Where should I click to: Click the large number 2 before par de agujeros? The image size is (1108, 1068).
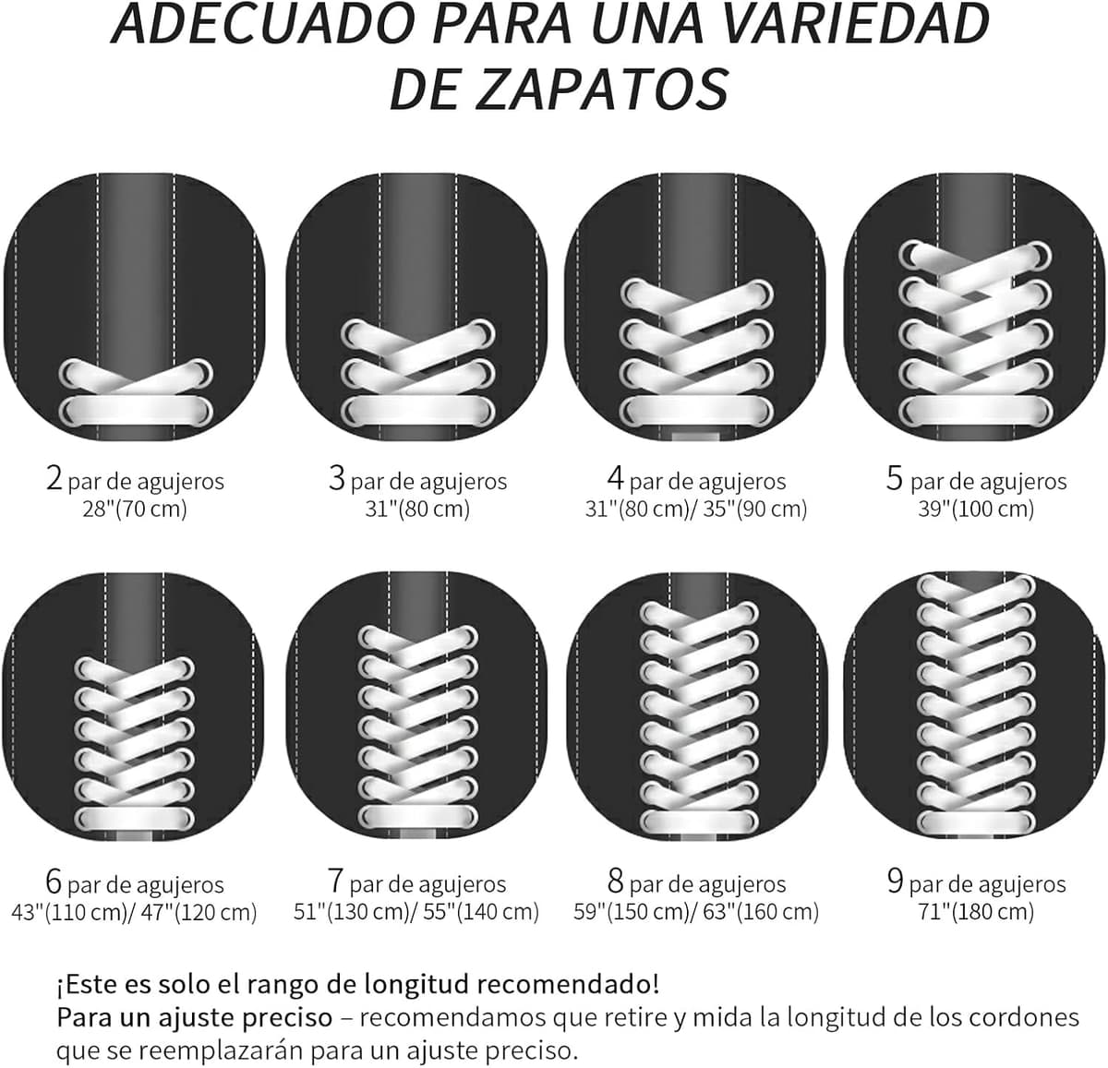54,478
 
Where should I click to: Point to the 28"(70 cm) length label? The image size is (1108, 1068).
135,509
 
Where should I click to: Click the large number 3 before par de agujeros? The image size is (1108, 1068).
337,478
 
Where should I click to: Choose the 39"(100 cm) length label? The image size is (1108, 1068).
976,509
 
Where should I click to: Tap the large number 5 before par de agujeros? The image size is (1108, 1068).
895,478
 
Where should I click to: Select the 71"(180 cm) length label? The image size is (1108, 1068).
976,911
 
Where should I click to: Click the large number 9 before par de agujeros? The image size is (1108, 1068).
896,882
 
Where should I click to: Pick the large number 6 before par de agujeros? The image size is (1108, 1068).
54,882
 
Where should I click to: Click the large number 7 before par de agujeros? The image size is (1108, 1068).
336,882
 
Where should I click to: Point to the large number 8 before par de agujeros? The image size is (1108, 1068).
616,882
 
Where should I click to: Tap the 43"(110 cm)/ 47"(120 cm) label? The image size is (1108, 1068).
135,911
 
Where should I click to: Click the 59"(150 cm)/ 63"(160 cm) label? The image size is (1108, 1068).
696,911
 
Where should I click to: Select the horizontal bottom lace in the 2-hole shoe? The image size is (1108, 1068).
136,410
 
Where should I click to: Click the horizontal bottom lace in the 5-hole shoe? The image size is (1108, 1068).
975,410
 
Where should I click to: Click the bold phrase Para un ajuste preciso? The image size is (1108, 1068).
195,1017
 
